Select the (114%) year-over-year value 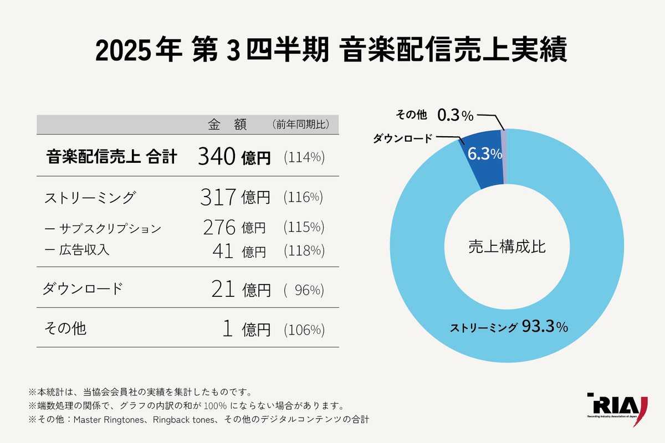click(304, 157)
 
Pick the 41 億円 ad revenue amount click(239, 251)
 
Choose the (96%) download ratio click(304, 289)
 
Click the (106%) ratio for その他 click(304, 330)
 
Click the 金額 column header click(227, 125)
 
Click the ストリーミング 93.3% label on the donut click(509, 326)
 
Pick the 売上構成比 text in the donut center click(507, 246)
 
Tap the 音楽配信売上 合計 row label click(111, 157)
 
